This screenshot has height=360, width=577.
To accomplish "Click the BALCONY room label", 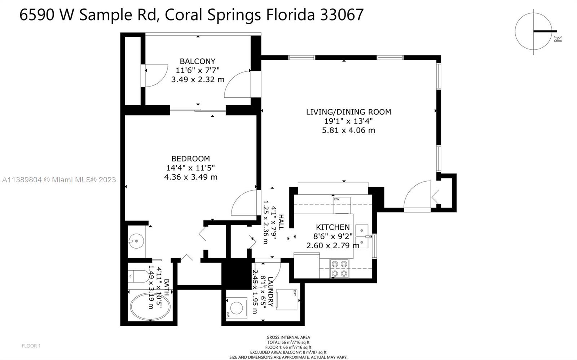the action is (x=197, y=61).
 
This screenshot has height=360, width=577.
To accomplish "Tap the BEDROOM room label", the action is (x=191, y=159).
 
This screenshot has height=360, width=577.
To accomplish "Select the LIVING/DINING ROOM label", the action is (x=348, y=112).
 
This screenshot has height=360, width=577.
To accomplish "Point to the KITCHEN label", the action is (x=333, y=227).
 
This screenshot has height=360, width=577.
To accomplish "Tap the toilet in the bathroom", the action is (x=138, y=276).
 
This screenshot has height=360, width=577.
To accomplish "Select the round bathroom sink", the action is (x=136, y=241).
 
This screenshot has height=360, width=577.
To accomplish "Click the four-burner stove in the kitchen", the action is (x=339, y=269).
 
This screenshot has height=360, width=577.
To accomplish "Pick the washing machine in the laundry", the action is (x=236, y=308).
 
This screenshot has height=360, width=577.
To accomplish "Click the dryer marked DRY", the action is (x=287, y=300).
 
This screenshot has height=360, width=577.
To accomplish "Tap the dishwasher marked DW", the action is (x=342, y=205).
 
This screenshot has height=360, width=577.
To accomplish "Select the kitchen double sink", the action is (x=362, y=236).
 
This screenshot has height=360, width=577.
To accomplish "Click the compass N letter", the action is (x=558, y=39).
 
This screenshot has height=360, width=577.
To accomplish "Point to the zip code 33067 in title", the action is (x=342, y=14).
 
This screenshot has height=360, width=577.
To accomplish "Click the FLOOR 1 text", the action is (x=31, y=346).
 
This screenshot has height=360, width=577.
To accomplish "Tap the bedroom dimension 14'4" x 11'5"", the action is (x=190, y=168).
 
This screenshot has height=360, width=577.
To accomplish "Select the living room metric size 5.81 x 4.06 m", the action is (x=348, y=130).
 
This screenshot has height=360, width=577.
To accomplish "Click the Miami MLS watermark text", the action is (x=59, y=179).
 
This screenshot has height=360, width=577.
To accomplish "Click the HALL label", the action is (x=281, y=222).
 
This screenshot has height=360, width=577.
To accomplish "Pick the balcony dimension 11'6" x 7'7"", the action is (x=198, y=70).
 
